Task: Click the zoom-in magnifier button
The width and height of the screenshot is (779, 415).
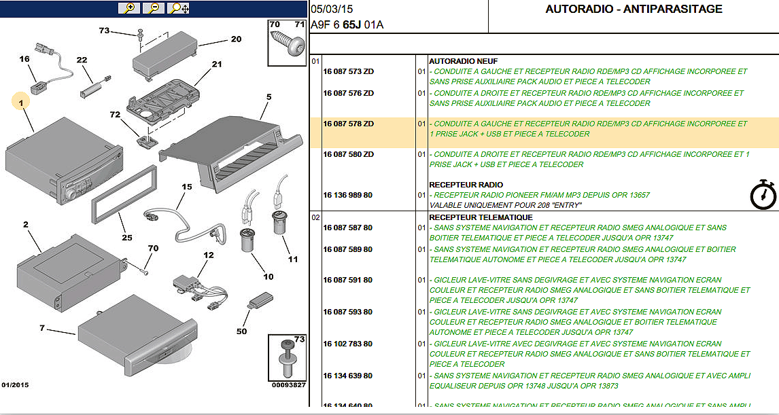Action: coord(128,8)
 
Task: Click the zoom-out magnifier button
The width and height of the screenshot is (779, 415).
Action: coord(154,8)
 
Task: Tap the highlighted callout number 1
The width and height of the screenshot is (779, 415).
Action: coord(21,103)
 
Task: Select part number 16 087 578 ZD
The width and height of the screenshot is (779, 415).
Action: coord(348,124)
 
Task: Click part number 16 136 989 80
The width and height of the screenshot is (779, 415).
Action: coord(348,196)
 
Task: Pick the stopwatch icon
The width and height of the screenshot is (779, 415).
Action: coord(763,194)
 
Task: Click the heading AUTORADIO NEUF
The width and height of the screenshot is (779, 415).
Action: coord(459,61)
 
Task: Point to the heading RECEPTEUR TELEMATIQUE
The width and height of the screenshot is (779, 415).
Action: coord(481,217)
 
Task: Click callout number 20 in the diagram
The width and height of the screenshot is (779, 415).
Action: coord(236,39)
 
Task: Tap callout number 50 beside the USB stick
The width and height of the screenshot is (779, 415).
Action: coord(241,331)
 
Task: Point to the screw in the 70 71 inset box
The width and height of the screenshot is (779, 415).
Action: coord(287,47)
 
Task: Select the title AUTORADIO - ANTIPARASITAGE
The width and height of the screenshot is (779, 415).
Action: coord(634,10)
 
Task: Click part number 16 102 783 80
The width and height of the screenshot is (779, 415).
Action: coord(348,344)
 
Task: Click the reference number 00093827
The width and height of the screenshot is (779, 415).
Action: coord(289,385)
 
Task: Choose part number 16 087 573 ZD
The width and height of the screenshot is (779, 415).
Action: coord(348,72)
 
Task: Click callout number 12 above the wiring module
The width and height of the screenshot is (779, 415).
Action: coord(208,255)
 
